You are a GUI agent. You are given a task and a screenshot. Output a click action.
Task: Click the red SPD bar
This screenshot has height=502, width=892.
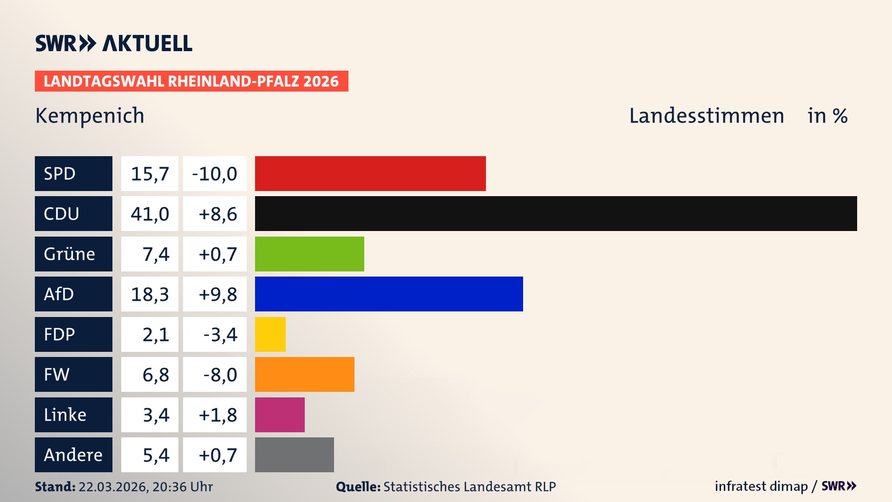(370, 173)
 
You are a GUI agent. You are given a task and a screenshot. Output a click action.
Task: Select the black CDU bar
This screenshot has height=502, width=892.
(556, 213)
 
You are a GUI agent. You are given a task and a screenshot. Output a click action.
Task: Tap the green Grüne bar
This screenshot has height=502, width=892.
(309, 254)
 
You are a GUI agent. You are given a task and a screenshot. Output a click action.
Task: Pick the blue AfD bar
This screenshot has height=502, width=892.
(389, 294)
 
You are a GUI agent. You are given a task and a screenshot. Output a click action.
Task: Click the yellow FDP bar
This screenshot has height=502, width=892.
(270, 334)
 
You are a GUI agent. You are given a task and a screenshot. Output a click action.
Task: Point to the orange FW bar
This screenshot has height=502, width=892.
(304, 374)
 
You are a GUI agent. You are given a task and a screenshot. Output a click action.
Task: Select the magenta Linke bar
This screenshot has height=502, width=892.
(280, 415)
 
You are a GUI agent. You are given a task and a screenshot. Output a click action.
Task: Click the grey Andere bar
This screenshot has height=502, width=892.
(294, 455)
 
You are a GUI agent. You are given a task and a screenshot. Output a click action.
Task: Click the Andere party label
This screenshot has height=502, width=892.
(73, 455)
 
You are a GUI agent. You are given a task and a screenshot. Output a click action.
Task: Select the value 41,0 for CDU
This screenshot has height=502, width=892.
(150, 214)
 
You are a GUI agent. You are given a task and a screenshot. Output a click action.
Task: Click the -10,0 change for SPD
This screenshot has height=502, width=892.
(215, 174)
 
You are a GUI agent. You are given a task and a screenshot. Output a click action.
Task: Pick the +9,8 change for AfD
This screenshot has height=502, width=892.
(217, 294)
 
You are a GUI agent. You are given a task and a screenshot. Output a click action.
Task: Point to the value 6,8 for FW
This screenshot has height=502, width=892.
(155, 375)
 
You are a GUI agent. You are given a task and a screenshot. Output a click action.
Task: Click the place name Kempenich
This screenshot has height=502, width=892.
(90, 116)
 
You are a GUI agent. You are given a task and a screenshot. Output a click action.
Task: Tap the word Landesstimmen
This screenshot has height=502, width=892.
(706, 116)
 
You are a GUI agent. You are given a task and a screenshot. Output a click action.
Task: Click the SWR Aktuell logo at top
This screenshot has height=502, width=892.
(114, 43)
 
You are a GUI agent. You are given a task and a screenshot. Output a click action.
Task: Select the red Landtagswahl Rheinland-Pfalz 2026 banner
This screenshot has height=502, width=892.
(191, 81)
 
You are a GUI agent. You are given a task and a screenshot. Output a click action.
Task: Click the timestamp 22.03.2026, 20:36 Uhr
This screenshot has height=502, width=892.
(145, 487)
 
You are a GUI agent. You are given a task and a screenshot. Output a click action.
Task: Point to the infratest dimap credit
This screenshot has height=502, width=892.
(761, 486)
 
